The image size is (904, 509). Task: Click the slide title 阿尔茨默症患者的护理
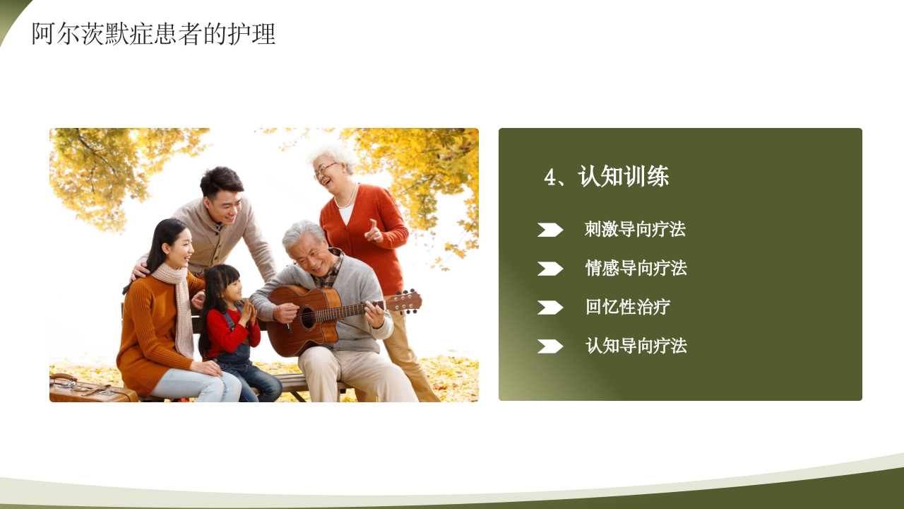pos(153,34)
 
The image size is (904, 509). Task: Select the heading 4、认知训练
pos(606,177)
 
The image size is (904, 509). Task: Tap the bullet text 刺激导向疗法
pos(635,230)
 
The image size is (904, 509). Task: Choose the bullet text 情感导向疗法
pos(636,269)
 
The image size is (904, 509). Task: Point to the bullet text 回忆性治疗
pos(628,308)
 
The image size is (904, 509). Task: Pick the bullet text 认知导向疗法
pos(636,346)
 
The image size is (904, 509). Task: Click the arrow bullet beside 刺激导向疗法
pos(549,230)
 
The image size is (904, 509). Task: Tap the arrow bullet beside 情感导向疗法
pos(549,269)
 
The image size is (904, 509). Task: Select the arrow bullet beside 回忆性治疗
pos(549,308)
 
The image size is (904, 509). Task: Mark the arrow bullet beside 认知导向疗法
pos(549,346)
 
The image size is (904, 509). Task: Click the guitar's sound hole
pos(308,317)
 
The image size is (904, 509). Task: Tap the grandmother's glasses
pos(326,169)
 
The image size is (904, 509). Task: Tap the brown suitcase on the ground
pos(88,390)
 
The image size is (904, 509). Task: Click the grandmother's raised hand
pos(373,231)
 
